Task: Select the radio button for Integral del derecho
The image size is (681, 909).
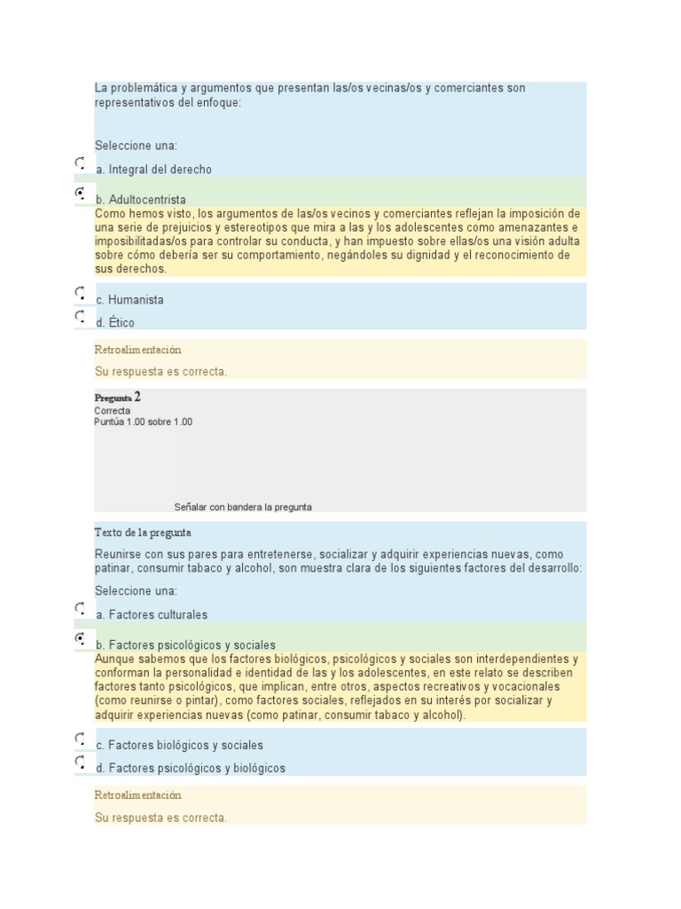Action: point(80,163)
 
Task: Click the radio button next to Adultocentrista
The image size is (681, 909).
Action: point(80,193)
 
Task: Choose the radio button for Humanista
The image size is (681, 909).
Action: point(80,293)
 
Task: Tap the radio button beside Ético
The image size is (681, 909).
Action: point(80,316)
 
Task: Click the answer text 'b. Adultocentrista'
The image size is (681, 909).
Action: point(141,200)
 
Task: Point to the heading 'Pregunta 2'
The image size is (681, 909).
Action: point(117,398)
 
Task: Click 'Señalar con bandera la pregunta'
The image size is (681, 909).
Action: point(243,507)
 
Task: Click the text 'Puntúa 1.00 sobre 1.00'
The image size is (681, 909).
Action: point(143,422)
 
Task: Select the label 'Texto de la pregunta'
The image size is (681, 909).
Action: point(142,533)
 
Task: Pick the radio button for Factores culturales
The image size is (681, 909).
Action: point(80,609)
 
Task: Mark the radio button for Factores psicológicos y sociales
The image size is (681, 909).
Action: point(80,638)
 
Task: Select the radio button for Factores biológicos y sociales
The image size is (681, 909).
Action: point(80,739)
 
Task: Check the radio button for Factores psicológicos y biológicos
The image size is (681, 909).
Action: point(80,762)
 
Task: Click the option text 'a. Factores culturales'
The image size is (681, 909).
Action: point(152,614)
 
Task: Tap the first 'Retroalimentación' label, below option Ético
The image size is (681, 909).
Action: point(137,351)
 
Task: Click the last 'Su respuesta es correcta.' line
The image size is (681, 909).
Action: point(160,818)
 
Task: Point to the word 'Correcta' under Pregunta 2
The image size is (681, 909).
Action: point(112,411)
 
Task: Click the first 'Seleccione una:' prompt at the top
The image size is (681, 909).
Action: point(136,146)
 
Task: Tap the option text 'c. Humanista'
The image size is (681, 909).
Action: point(129,300)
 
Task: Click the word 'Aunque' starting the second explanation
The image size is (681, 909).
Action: point(113,660)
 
